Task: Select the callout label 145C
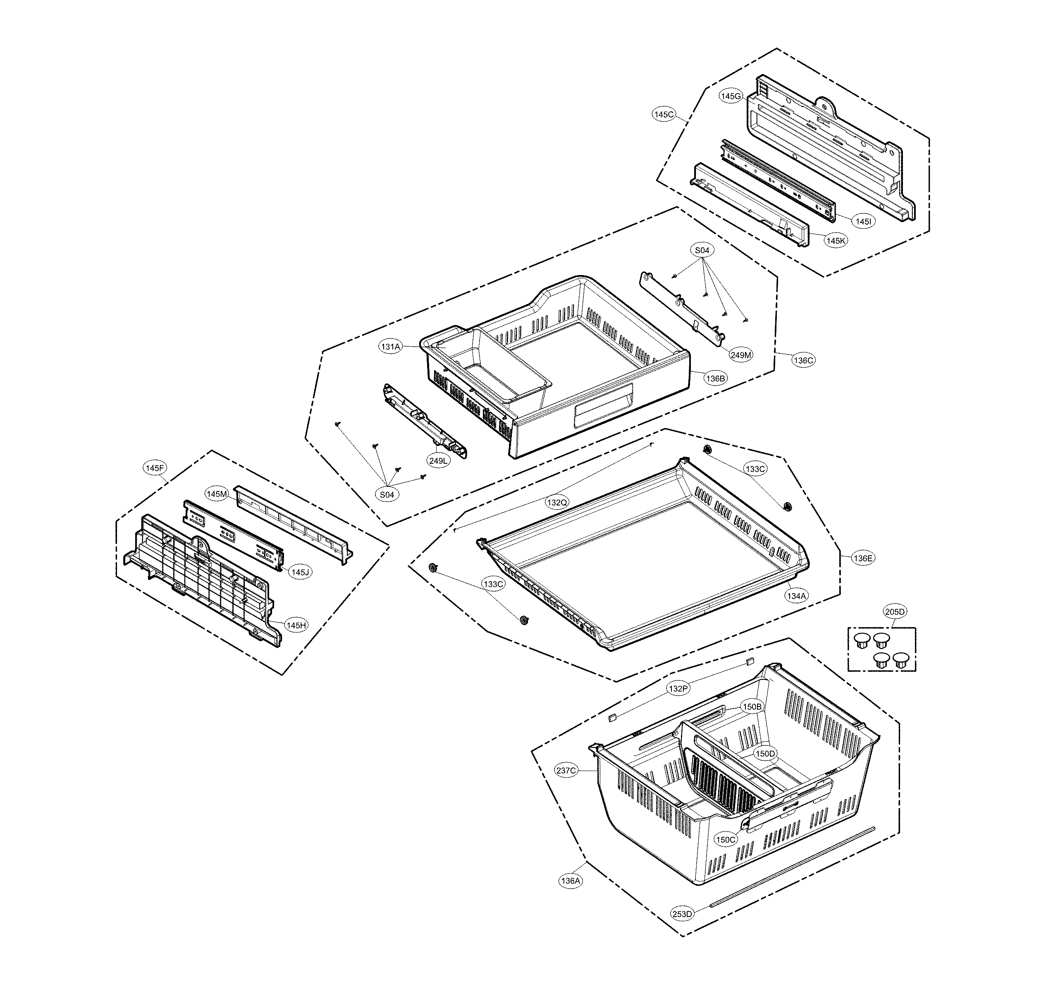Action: (664, 114)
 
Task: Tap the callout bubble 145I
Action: (863, 221)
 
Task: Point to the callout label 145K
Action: (836, 241)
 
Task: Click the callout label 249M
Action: (741, 355)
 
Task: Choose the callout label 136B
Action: (715, 378)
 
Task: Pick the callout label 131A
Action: (390, 347)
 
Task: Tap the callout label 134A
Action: (796, 596)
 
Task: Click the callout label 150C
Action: (726, 840)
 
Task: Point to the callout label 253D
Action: (682, 914)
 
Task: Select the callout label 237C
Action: (566, 770)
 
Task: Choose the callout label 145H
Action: (296, 625)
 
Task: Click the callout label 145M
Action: (217, 494)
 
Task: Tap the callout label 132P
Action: (678, 689)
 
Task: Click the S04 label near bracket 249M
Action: (702, 250)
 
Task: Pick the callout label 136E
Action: (863, 558)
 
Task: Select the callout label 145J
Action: (300, 572)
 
